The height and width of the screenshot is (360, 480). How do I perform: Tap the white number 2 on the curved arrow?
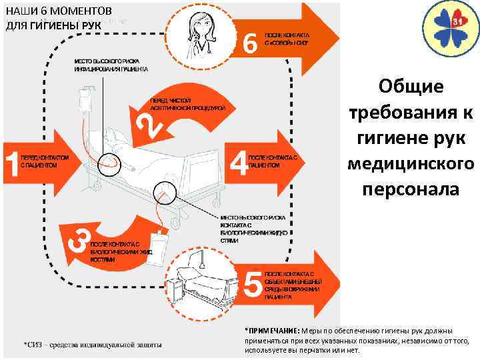151,124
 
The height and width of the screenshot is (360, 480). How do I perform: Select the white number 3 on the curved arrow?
79,239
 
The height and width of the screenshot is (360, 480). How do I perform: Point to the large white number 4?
238,162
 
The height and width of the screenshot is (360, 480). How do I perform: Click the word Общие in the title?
410,87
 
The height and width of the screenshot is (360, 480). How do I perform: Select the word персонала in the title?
410,189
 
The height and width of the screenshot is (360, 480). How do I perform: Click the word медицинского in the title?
410,163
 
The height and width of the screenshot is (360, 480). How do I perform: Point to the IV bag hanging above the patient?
84,104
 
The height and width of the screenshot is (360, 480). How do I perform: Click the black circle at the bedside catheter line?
163,193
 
